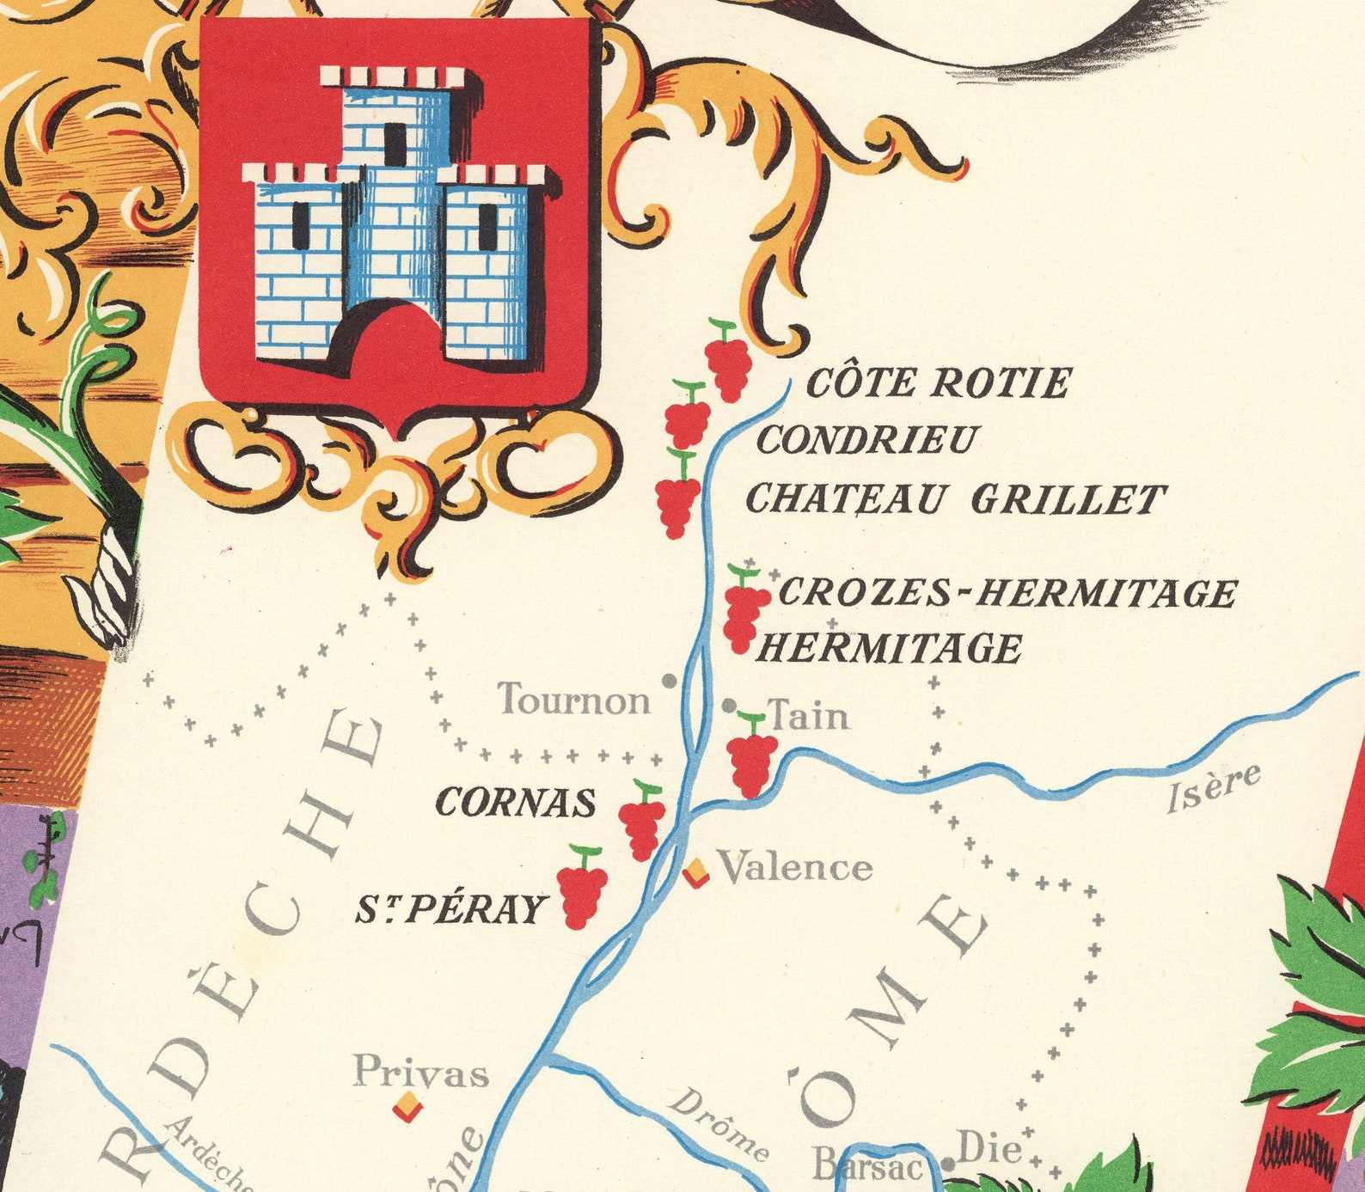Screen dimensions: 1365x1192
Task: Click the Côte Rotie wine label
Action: coord(938,383)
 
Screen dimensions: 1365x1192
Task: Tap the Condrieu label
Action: coord(866,440)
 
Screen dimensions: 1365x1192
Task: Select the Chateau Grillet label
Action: coord(955,498)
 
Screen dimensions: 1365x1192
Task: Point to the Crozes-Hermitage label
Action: coord(1007,592)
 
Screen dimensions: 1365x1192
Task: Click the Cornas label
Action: coord(515,803)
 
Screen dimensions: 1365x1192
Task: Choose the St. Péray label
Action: coord(451,908)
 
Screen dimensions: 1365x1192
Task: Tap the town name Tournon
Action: coord(574,700)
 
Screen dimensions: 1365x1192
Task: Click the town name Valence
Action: coord(795,867)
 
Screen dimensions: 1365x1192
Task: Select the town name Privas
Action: coord(420,1073)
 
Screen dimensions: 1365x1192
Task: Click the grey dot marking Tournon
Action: coord(668,680)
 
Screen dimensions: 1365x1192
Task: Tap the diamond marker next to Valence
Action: coord(695,873)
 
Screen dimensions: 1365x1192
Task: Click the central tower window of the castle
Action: coord(395,144)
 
